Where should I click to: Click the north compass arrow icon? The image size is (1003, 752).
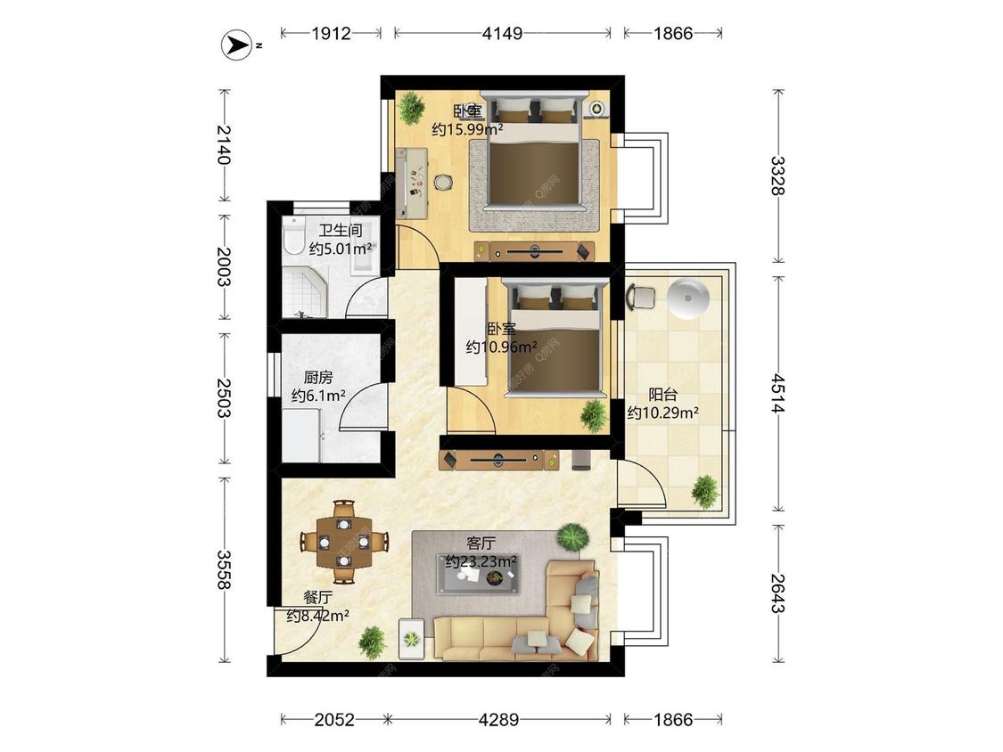pyautogui.click(x=236, y=45)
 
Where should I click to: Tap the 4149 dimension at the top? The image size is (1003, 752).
pyautogui.click(x=502, y=33)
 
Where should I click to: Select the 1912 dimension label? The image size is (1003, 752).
pyautogui.click(x=332, y=33)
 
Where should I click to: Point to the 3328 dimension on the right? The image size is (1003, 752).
pyautogui.click(x=777, y=176)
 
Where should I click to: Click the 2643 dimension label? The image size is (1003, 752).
pyautogui.click(x=777, y=593)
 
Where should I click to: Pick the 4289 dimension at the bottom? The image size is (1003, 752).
pyautogui.click(x=499, y=720)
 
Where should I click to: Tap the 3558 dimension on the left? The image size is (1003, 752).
pyautogui.click(x=224, y=569)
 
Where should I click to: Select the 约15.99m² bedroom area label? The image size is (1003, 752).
pyautogui.click(x=467, y=130)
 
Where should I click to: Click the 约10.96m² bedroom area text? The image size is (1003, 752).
pyautogui.click(x=501, y=347)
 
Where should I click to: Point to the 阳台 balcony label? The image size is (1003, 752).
pyautogui.click(x=662, y=395)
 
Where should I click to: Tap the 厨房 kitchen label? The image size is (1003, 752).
pyautogui.click(x=318, y=377)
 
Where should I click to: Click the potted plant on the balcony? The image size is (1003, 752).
pyautogui.click(x=705, y=491)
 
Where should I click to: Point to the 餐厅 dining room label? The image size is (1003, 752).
pyautogui.click(x=318, y=598)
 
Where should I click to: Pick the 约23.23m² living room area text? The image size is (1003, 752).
pyautogui.click(x=481, y=561)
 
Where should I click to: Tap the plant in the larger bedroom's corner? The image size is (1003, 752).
pyautogui.click(x=411, y=108)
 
